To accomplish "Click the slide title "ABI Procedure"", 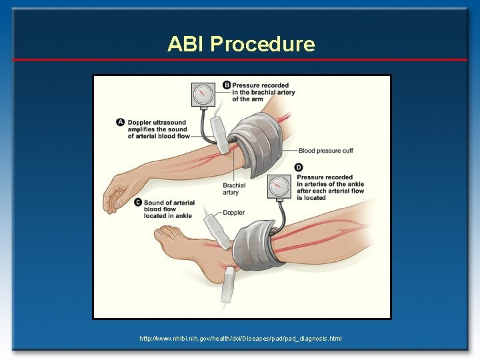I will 241,44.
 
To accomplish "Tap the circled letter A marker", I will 121,122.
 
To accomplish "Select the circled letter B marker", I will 227,85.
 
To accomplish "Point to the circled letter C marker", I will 138,202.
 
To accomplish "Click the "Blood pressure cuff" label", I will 325,151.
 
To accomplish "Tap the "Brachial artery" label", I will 234,189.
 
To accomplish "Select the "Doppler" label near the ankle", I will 233,213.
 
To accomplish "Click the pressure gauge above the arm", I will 203,95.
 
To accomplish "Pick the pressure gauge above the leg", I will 279,187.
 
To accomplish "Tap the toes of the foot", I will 165,234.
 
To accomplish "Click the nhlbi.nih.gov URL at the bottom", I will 240,339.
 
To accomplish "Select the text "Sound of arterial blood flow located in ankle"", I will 169,209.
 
